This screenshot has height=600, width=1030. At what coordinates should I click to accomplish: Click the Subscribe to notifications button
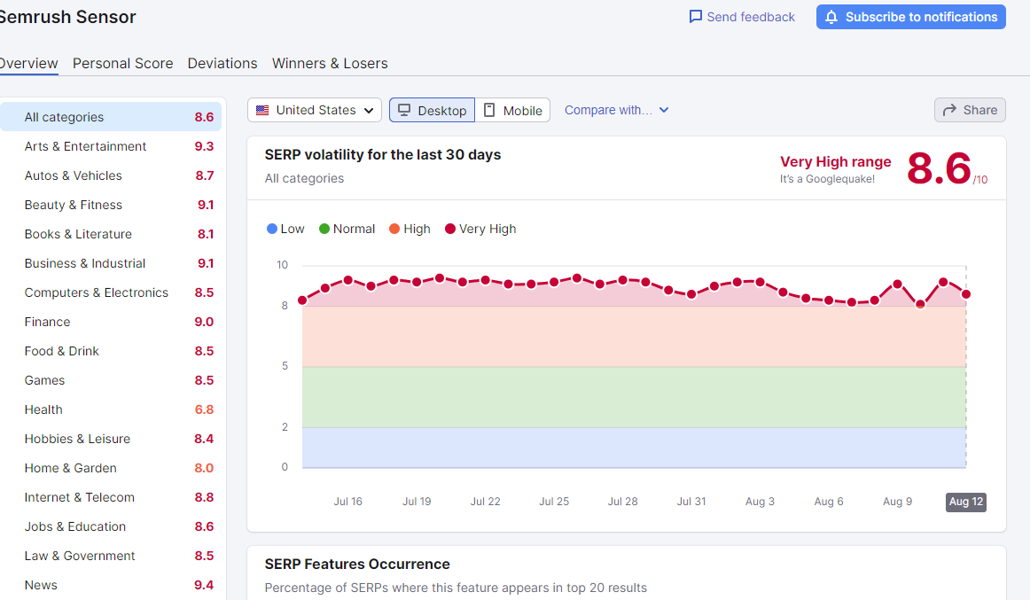click(910, 17)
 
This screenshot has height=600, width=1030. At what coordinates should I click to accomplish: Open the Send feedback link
click(742, 17)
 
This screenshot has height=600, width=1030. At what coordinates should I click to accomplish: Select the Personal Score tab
click(123, 64)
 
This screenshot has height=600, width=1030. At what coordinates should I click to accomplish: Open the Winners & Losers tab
click(330, 64)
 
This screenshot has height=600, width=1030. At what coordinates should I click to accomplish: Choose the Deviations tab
click(222, 64)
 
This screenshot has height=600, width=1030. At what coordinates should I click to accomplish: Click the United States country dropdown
click(315, 110)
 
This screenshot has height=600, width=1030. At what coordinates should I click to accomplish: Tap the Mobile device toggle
click(512, 110)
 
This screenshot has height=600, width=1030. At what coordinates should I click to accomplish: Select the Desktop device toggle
click(433, 110)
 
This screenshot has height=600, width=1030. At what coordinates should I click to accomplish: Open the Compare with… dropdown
click(616, 110)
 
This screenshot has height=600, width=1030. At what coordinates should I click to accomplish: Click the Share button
click(970, 110)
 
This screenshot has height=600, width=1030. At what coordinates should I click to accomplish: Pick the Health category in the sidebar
click(43, 409)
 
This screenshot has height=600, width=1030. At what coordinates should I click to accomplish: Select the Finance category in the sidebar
click(47, 322)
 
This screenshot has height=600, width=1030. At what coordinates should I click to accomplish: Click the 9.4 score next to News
click(204, 585)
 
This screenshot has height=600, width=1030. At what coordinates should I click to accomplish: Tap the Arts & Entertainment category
click(85, 146)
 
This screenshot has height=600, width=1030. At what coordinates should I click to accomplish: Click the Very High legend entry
click(480, 230)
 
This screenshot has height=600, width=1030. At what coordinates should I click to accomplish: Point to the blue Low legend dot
click(272, 230)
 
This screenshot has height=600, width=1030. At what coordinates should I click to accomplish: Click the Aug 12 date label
click(965, 502)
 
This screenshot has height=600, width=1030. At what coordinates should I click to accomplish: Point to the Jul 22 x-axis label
click(486, 502)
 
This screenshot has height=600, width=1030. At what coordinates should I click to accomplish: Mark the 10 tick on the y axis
click(283, 265)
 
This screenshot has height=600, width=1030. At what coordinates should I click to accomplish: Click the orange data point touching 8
click(920, 305)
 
